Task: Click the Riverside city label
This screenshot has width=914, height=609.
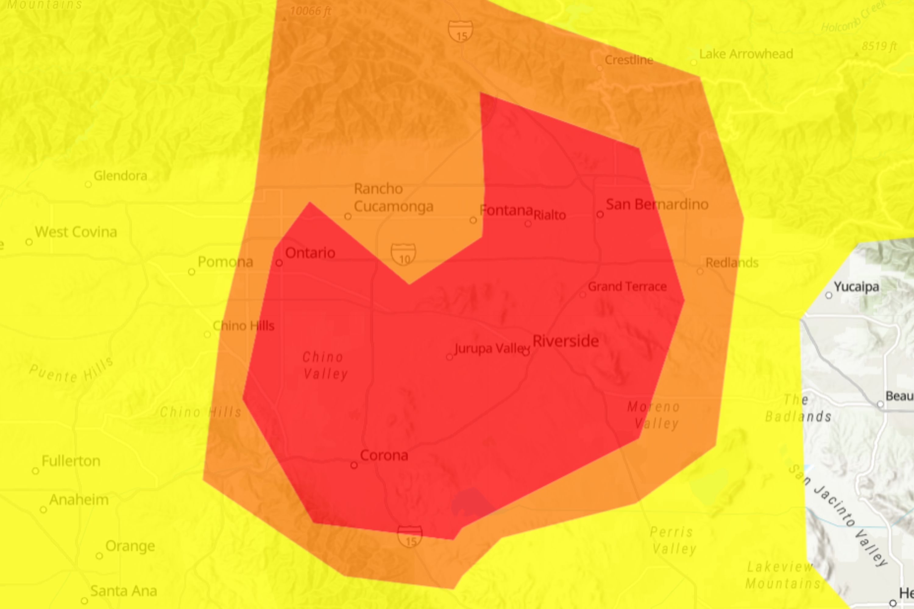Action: click(565, 341)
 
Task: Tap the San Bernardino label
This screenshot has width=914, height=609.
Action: click(657, 204)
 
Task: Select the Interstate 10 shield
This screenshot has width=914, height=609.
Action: click(403, 254)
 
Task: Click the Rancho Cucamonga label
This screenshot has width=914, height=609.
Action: click(393, 197)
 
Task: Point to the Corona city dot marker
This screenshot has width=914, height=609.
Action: click(354, 465)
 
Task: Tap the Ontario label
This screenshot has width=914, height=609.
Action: click(310, 253)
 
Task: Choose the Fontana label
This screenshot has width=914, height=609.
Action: click(506, 210)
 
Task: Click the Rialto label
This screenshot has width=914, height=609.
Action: click(550, 215)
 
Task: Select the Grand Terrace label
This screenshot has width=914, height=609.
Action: click(627, 287)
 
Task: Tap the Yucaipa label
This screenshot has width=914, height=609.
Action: click(856, 287)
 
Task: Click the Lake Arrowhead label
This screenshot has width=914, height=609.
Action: click(746, 54)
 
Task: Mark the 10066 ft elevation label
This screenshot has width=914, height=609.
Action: click(310, 11)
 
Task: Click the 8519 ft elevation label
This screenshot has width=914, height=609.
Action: click(879, 46)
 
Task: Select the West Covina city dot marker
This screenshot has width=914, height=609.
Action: click(29, 242)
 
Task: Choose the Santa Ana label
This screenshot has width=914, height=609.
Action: click(124, 591)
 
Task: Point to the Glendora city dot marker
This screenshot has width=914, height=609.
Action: click(88, 184)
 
